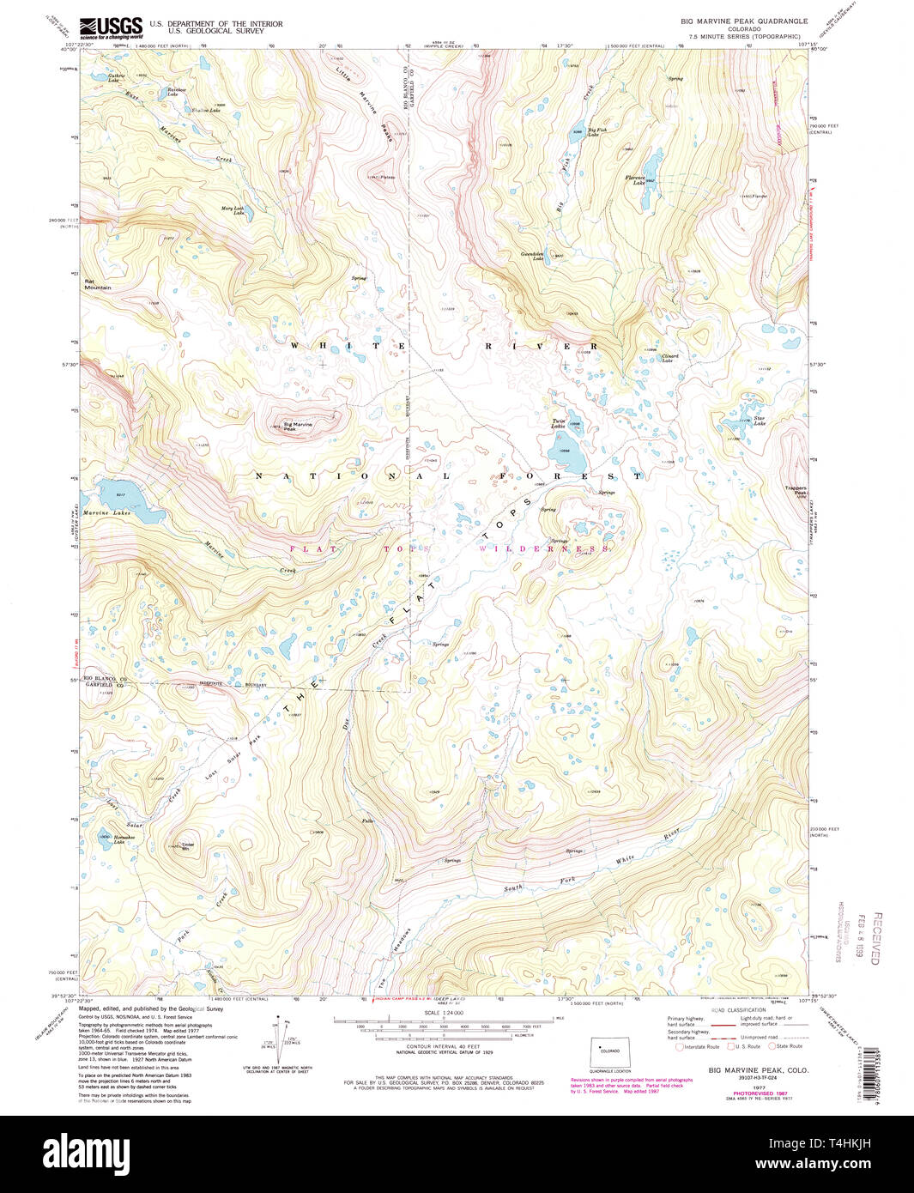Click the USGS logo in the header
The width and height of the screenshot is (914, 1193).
[x=111, y=27]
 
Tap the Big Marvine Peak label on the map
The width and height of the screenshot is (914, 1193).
[x=298, y=426]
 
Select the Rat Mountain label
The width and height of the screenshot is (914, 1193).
[x=97, y=284]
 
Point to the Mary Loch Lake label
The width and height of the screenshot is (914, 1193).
[x=233, y=209]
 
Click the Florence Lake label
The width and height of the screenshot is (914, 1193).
[x=635, y=180]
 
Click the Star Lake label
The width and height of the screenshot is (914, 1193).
[x=760, y=421]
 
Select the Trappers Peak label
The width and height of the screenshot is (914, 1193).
[x=795, y=492]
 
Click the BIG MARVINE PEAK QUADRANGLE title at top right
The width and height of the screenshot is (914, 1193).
[x=744, y=20]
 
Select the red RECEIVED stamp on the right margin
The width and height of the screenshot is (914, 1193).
[x=875, y=938]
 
